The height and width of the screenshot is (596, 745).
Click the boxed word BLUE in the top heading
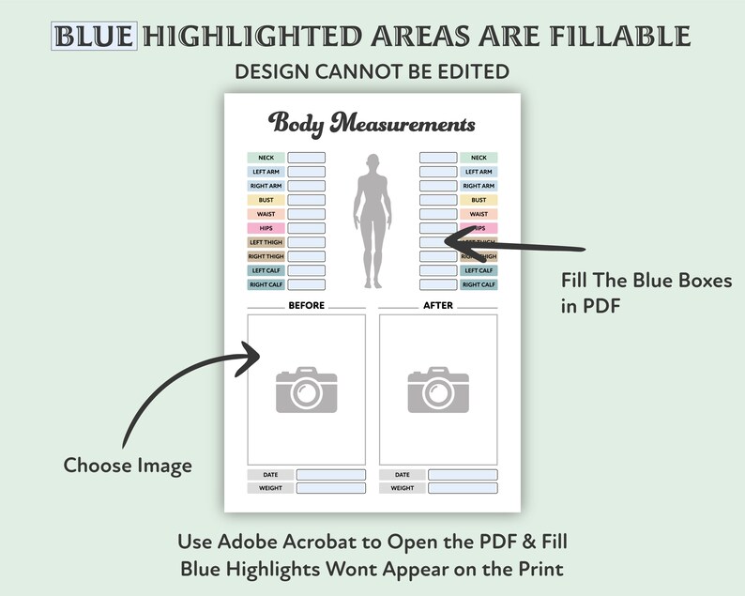pos(96,37)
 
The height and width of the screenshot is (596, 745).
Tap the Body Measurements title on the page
pos(372,123)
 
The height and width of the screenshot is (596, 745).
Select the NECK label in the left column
pos(266,158)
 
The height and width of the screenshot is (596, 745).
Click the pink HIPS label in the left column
pos(266,228)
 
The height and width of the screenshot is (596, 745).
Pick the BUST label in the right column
pos(479,200)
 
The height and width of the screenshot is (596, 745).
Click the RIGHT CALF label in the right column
pos(479,284)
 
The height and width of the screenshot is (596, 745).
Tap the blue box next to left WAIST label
pos(306,214)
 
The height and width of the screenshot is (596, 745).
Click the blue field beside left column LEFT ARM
pos(306,172)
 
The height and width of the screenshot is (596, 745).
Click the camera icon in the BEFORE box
pos(306,389)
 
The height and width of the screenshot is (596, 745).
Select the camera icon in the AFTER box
pos(437,389)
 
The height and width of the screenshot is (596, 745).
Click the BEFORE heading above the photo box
pos(306,305)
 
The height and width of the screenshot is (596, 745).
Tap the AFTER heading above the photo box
pos(437,305)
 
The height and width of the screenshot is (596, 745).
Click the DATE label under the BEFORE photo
pos(270,475)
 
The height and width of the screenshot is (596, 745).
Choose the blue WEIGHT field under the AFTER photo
pos(463,488)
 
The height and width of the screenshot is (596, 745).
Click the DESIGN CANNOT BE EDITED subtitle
pos(372,71)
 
